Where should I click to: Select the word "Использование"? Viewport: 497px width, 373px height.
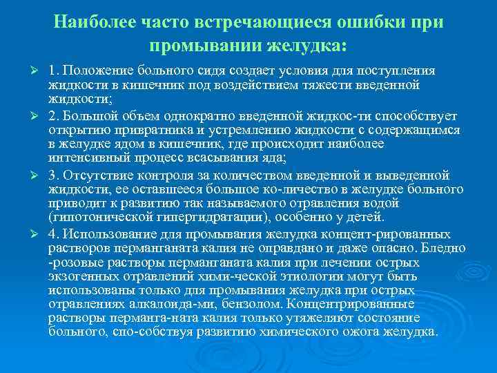tap(100, 233)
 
